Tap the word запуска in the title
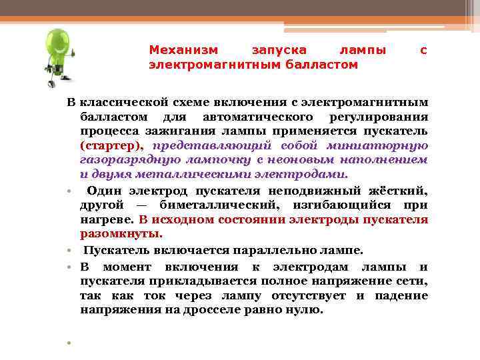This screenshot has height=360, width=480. coord(279,50)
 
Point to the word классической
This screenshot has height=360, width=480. coord(117,103)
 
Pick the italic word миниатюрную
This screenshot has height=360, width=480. coord(385,146)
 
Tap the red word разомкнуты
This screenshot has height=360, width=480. coord(121,234)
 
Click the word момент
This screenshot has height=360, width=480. coord(125,266)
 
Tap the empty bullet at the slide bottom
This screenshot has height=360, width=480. coord(69,343)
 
